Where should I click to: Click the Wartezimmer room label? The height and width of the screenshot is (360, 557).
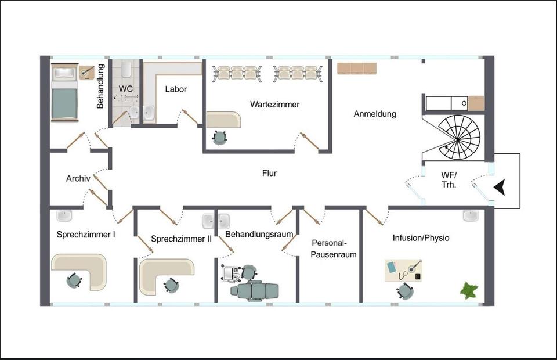pos(274,105)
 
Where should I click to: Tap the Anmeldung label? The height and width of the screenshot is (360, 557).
pos(375,114)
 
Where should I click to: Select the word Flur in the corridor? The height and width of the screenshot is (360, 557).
pos(269,173)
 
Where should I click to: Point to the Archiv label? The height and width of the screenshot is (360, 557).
pos(78,178)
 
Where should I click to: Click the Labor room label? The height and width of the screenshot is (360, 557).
pos(176,89)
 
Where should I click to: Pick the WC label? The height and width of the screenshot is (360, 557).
pos(126,89)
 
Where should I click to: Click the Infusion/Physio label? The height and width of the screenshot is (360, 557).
pos(421,237)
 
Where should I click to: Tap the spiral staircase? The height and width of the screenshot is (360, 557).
pos(458,137)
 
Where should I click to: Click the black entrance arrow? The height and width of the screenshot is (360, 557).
pos(500,188)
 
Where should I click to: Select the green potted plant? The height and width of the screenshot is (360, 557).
pos(469,290)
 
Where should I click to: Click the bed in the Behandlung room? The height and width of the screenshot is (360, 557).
pos(64,92)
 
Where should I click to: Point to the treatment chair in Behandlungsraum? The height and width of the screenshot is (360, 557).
pos(255,290)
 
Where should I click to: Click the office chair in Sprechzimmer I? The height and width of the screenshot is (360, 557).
pos(74,280)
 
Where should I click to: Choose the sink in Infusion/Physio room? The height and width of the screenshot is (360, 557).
pos(471,216)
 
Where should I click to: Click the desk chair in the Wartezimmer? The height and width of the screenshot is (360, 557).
pos(219,138)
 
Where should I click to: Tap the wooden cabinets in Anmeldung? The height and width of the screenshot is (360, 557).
pos(357,69)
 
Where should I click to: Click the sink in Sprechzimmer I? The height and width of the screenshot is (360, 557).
pos(64,215)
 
